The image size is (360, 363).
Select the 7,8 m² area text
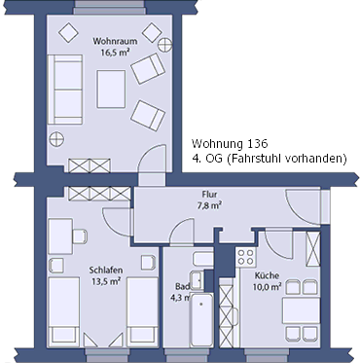pyautogui.click(x=209, y=206)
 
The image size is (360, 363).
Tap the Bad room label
pyautogui.click(x=181, y=287)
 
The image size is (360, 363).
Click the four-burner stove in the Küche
pyautogui.click(x=244, y=260)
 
